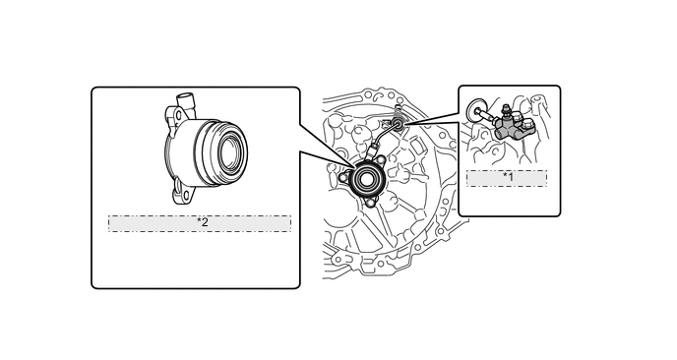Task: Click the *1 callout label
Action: (507, 178)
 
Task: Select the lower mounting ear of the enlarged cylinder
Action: (183, 193)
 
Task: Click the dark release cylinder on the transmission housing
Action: (364, 179)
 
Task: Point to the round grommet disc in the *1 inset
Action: (476, 110)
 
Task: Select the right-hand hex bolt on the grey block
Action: (527, 126)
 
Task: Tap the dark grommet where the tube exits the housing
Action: (400, 124)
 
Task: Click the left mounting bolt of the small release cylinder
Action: (343, 177)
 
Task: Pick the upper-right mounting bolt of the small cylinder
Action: (380, 160)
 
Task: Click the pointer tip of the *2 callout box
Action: (356, 166)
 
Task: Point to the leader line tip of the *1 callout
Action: (404, 124)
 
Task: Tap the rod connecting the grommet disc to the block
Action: (487, 115)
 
